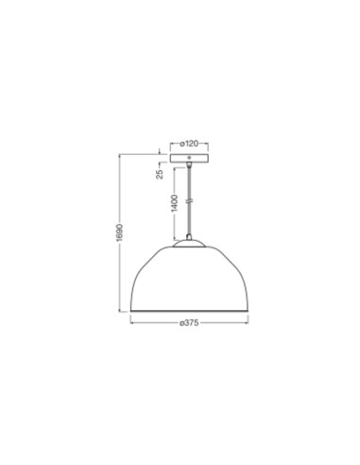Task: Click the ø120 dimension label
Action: tap(189, 144)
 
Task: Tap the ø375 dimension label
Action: tap(189, 323)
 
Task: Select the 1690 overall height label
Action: tap(120, 233)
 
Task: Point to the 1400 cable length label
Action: tap(175, 203)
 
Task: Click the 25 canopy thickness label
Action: tap(161, 174)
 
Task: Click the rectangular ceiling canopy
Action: tap(189, 158)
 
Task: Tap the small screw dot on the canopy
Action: tap(189, 157)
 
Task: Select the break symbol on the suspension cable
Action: tap(189, 200)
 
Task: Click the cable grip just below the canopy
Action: tap(189, 164)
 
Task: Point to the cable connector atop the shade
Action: tap(189, 237)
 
